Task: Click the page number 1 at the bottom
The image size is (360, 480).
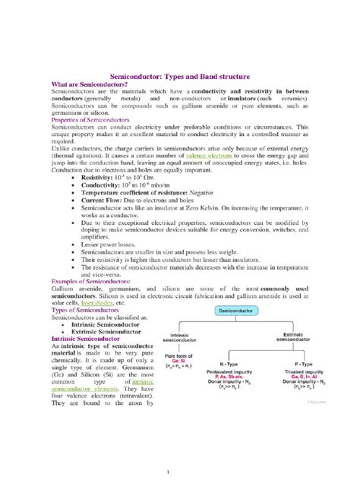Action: (x=180, y=470)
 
